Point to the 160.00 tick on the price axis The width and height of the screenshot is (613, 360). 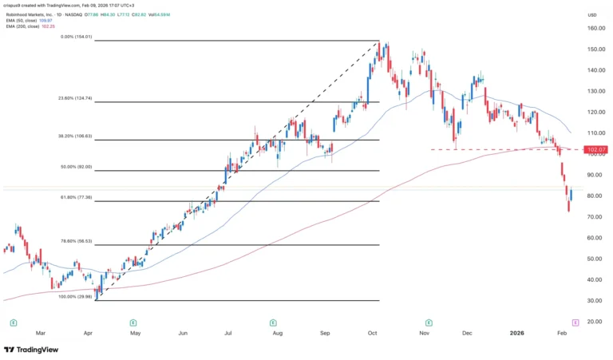tap(592, 28)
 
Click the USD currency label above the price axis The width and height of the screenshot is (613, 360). tap(591, 14)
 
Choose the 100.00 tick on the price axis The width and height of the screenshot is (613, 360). tap(592, 154)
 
